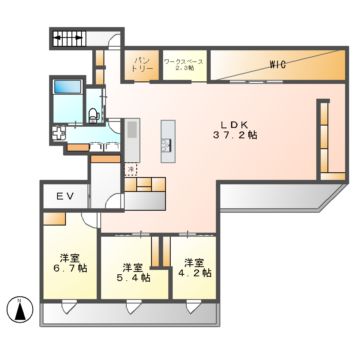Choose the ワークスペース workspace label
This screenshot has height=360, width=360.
pos(183,65)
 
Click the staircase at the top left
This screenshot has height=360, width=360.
pos(70,41)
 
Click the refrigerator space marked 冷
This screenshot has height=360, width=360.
pos(130,170)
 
